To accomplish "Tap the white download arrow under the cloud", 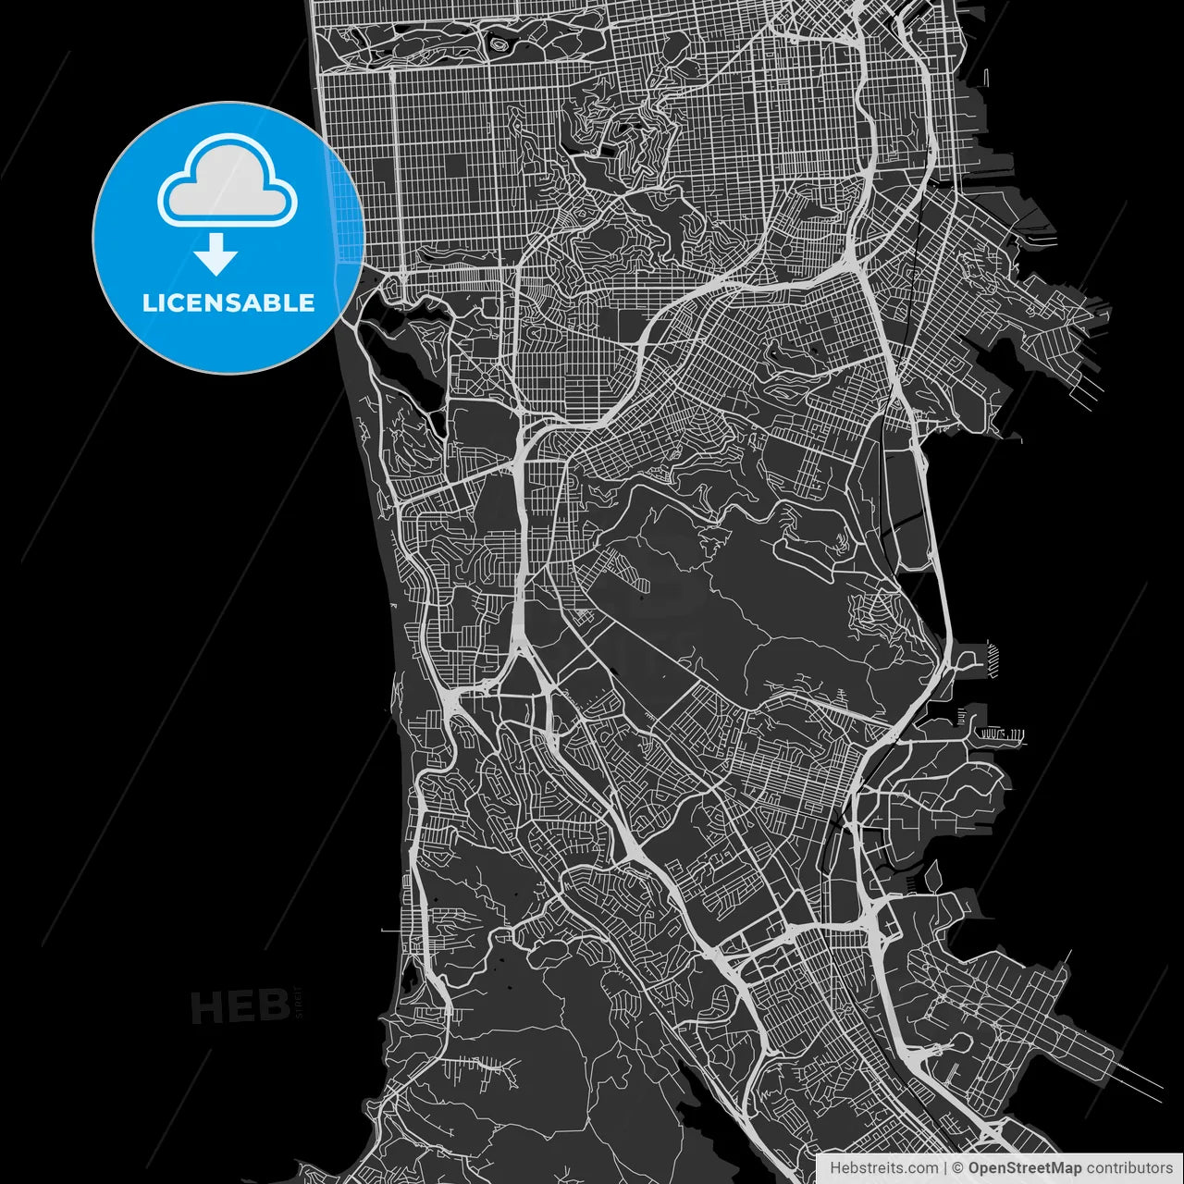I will [x=216, y=253].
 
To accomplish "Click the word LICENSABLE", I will [x=228, y=302].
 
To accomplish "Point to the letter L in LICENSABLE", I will [x=148, y=302].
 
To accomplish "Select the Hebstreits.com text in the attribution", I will [x=883, y=1168].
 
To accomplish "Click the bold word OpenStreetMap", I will [x=1024, y=1168].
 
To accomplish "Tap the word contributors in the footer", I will [x=1128, y=1168].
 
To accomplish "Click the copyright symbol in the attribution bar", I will [x=958, y=1168].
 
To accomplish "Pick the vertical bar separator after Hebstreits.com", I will [x=945, y=1168].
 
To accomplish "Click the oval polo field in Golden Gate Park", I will [x=500, y=43].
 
